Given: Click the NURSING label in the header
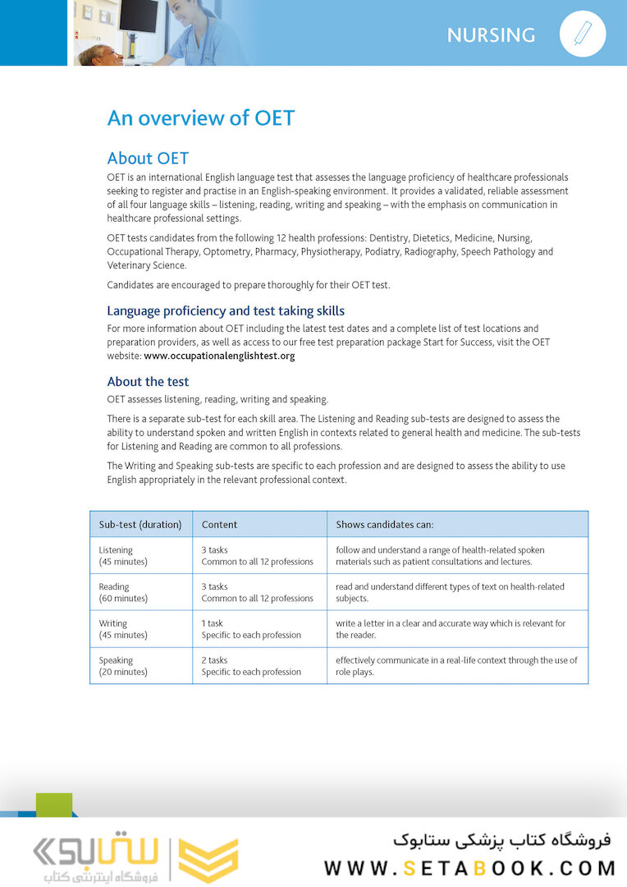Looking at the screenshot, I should pos(491,35).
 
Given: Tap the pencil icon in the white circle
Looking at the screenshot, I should pos(583,34).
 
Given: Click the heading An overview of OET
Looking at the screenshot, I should pos(200,117).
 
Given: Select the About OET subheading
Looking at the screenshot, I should pos(148,159).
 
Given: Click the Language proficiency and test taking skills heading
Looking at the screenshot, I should pos(226,310).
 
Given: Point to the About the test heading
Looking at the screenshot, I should pos(148,381).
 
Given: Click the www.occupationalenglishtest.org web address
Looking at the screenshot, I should pos(219,356).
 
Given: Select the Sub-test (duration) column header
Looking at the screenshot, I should pos(140,524).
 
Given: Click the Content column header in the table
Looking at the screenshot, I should pos(219,524).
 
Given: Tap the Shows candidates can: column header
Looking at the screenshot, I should pos(385,524).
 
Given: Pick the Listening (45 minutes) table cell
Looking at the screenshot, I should pos(123,556).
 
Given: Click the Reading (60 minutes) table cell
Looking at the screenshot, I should pos(123,592).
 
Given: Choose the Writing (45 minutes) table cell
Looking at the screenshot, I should pos(123,629).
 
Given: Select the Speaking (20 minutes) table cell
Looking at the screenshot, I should pos(123,666).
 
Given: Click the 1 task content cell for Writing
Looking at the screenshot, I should pos(251,629).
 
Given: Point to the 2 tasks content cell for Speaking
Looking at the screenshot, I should pos(251,666).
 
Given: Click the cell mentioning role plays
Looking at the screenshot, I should pos(456,666).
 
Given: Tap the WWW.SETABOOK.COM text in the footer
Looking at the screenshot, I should pos(469,868).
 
